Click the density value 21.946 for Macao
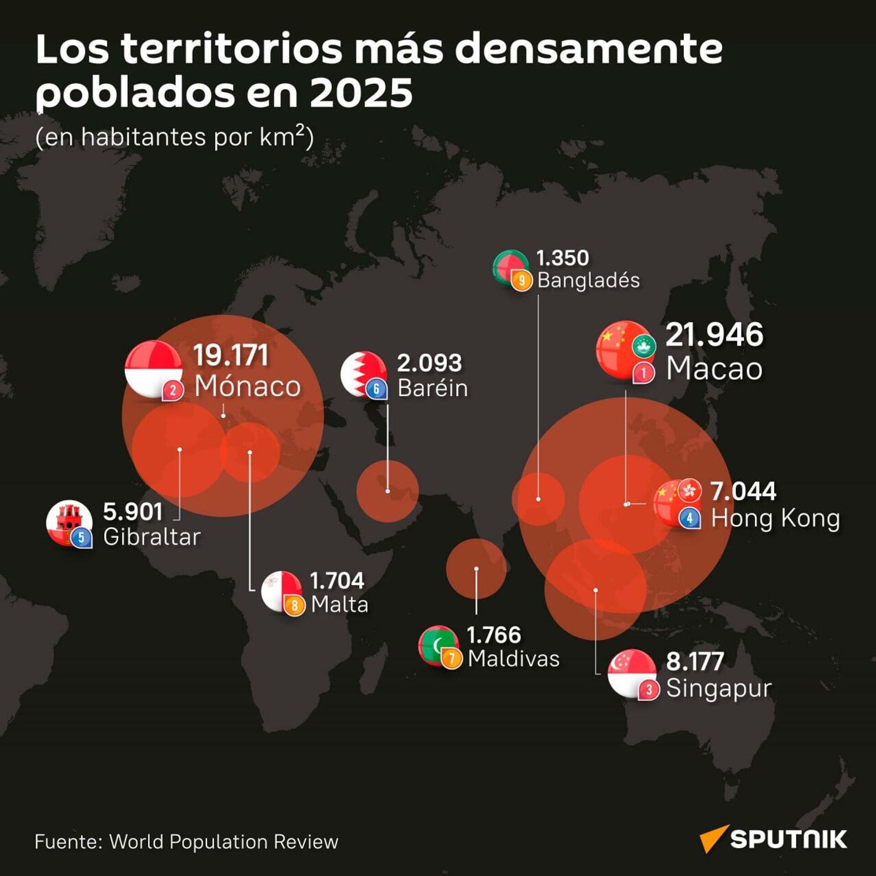(714, 334)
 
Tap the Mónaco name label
(247, 386)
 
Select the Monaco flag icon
(153, 368)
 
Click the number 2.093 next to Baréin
(429, 363)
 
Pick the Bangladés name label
(588, 280)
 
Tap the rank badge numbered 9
(521, 281)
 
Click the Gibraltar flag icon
(69, 523)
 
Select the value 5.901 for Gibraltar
(133, 512)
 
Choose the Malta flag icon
(281, 591)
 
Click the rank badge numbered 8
(295, 606)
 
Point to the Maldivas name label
(513, 659)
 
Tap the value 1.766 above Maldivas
(493, 635)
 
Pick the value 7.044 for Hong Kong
(743, 491)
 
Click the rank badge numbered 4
(689, 519)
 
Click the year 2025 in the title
(361, 93)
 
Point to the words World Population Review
(224, 842)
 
